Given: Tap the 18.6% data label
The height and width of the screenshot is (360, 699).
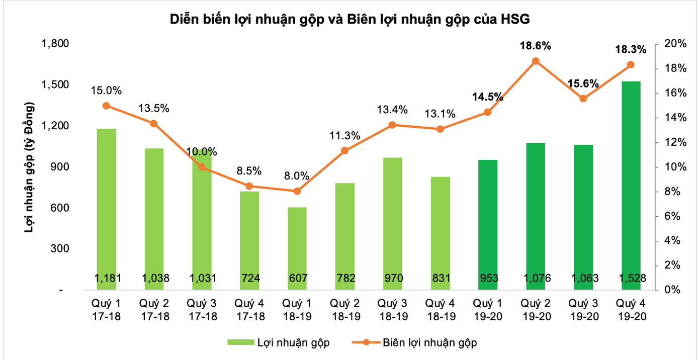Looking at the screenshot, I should pyautogui.click(x=536, y=46).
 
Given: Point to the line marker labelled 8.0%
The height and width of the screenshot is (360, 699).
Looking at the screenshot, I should pyautogui.click(x=297, y=191).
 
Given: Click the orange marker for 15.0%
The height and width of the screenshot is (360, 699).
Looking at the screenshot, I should pyautogui.click(x=106, y=106).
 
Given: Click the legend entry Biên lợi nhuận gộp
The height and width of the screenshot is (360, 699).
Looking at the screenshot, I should pyautogui.click(x=429, y=342).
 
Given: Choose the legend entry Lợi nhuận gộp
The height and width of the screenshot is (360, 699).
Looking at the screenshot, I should pyautogui.click(x=293, y=342).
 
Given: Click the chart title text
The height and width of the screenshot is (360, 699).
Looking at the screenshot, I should pyautogui.click(x=350, y=19).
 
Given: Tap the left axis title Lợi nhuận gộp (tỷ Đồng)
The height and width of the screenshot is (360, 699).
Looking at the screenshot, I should pyautogui.click(x=30, y=167).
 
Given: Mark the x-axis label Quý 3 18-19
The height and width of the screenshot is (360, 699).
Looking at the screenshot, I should pyautogui.click(x=393, y=310).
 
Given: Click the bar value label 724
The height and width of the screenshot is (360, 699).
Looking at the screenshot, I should pyautogui.click(x=249, y=278).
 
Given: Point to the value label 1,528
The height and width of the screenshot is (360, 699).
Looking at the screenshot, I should pyautogui.click(x=631, y=278).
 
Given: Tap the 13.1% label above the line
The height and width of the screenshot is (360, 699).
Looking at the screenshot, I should pyautogui.click(x=441, y=114).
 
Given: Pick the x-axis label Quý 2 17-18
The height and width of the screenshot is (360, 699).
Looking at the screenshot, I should pyautogui.click(x=154, y=310).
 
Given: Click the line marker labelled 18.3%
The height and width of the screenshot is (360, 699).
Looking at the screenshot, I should pyautogui.click(x=631, y=65).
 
